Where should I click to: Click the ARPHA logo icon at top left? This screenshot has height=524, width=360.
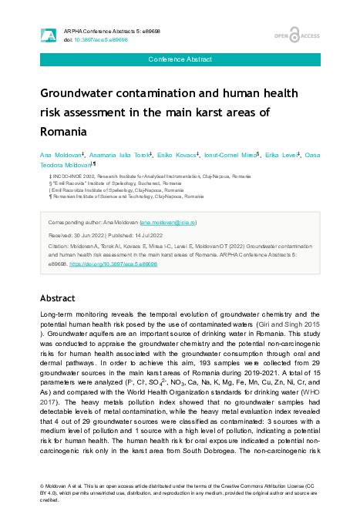click(x=47, y=34)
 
